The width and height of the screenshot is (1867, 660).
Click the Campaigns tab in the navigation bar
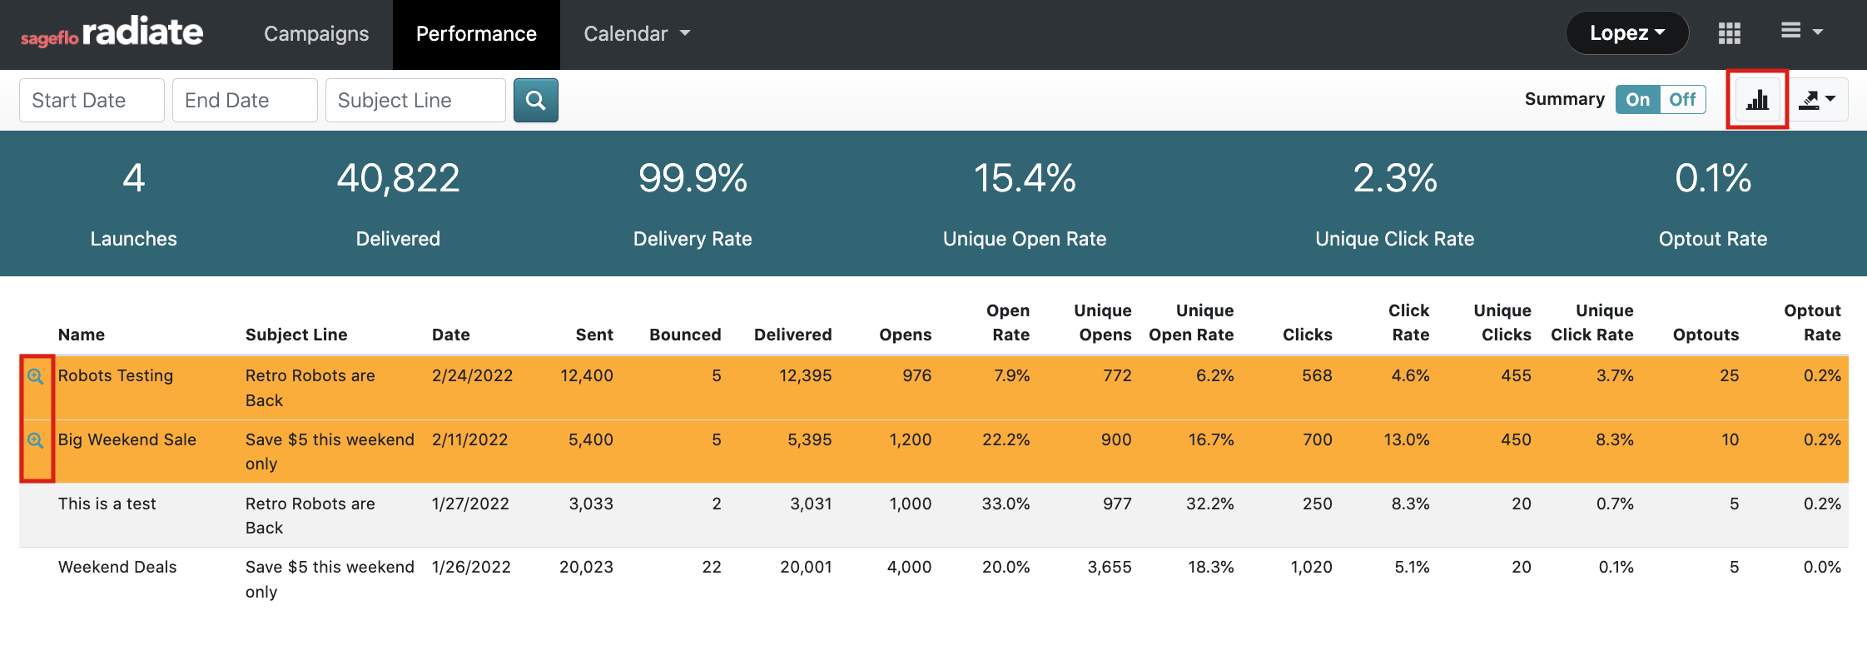315,34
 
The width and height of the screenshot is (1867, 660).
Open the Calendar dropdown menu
637,34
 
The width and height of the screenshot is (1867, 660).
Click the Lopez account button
1626,33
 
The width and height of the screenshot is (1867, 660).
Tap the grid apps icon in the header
1729,33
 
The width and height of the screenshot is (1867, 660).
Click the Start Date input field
92,101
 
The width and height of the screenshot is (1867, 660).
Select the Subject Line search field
415,101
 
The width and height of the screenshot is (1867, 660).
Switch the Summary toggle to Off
1682,100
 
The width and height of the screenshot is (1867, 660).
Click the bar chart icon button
1757,100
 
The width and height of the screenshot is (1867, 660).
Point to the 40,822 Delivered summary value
398,178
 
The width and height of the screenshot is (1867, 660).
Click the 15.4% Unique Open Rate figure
1025,178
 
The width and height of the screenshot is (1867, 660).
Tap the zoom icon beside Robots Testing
35,376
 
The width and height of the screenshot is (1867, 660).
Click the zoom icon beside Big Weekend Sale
35,440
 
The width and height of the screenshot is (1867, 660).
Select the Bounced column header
685,335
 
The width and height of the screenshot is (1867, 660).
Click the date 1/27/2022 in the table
470,504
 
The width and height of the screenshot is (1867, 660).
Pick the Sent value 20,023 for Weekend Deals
586,567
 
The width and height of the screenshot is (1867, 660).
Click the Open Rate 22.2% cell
1005,439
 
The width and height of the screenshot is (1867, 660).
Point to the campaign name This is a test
107,504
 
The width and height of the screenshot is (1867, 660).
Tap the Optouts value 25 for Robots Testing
1729,375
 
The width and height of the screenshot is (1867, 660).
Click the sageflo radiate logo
112,33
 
